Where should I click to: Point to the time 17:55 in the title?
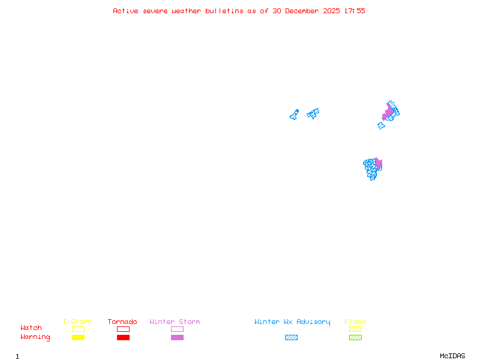356,11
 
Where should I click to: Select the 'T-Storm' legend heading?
77,322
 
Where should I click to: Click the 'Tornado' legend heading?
122,322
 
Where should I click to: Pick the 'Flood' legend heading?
355,322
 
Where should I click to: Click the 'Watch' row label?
31,328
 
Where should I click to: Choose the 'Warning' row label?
35,337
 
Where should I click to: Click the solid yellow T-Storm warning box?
78,338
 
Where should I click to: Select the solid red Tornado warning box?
123,338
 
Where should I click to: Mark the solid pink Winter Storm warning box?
177,338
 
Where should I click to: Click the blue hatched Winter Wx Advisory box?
291,338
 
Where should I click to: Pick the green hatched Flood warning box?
355,338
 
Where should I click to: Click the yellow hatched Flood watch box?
355,329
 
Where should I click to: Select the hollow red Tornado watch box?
123,329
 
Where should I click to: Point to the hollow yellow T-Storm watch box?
78,329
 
